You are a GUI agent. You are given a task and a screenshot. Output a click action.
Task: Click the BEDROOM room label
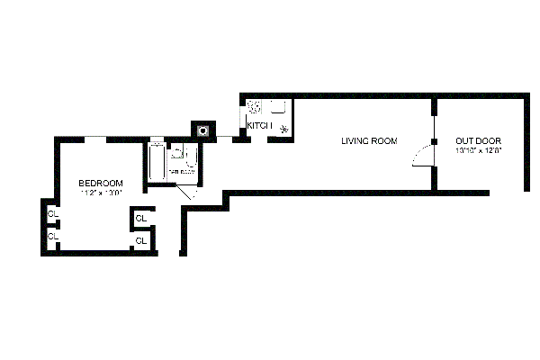101,183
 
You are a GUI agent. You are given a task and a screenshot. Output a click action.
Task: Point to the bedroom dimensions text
101,193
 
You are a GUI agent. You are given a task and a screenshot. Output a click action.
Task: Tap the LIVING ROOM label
368,140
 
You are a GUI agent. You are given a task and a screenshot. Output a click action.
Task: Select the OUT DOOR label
478,140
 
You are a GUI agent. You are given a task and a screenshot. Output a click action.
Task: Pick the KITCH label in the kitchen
259,126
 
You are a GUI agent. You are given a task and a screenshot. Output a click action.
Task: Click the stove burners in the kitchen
255,105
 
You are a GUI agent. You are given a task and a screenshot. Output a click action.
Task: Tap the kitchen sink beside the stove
277,106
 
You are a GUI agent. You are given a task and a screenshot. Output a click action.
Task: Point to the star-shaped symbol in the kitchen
285,128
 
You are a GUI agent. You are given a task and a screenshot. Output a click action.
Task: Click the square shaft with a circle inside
204,130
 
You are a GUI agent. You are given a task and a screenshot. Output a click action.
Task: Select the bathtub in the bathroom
156,162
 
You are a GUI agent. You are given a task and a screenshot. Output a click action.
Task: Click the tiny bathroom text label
182,170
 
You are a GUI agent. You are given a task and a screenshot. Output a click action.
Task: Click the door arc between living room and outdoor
421,158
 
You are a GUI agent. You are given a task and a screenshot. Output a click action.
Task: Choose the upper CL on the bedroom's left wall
52,214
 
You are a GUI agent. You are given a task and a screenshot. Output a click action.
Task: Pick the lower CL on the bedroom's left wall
52,236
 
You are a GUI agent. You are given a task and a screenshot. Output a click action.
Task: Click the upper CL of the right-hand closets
141,219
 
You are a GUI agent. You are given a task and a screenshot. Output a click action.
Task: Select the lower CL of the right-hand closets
141,240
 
